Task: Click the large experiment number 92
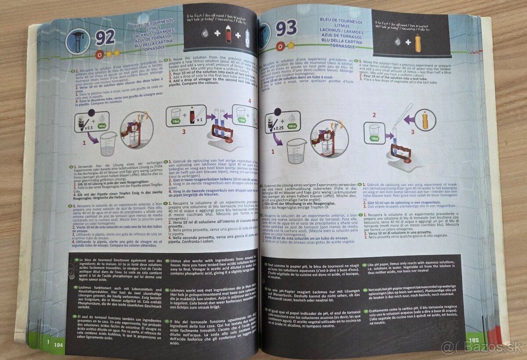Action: coord(105,38)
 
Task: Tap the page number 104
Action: coord(58,345)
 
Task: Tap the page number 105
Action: coord(473,339)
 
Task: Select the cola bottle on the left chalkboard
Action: coord(228,34)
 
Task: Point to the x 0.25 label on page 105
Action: coord(277,128)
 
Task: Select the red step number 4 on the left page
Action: coord(250,101)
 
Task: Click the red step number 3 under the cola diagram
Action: coord(184,131)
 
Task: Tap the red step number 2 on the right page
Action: coord(375,115)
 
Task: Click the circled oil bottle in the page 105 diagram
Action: coord(425,119)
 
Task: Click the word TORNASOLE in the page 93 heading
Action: coord(338,46)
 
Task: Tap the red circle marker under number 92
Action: coord(99,54)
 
